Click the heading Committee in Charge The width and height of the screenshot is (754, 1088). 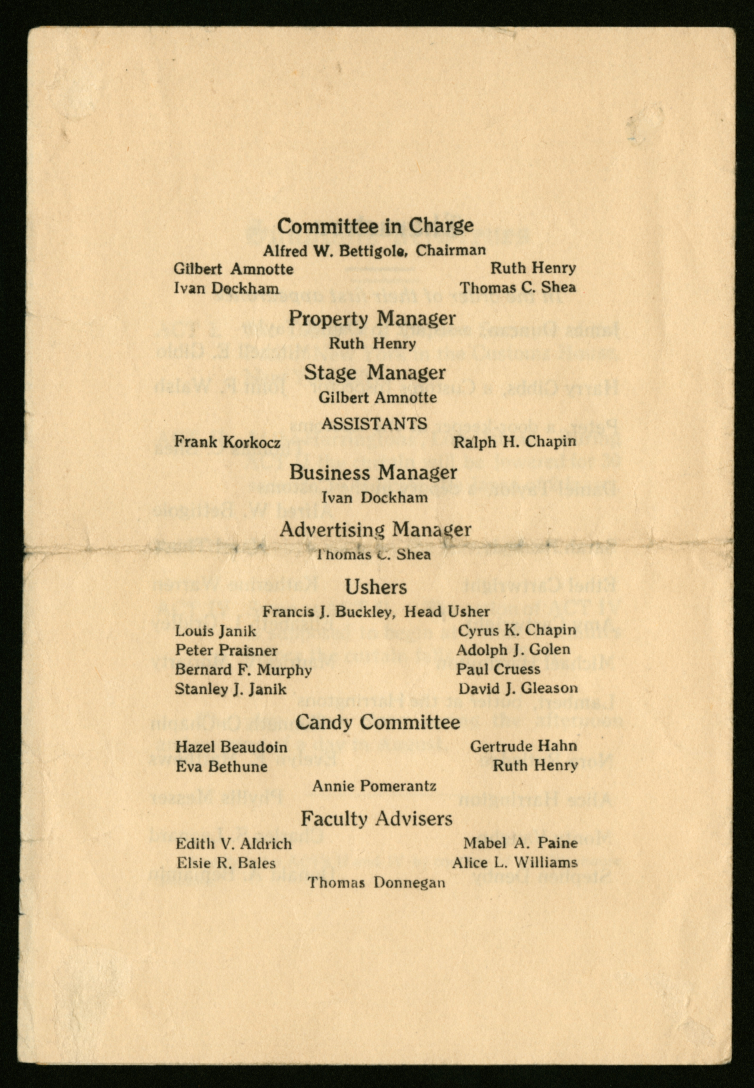(x=375, y=226)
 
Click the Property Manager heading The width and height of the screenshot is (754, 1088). (x=372, y=318)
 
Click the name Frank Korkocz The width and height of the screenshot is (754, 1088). (x=227, y=442)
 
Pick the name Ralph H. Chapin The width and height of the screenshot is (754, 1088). (x=515, y=442)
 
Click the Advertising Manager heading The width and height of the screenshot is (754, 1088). (x=375, y=530)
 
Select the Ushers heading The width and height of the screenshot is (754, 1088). (x=376, y=587)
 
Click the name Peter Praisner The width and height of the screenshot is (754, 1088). (x=226, y=651)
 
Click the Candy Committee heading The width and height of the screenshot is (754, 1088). (x=378, y=722)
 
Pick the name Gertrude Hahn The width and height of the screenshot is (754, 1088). (x=523, y=746)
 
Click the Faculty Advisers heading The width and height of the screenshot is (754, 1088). (x=376, y=818)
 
